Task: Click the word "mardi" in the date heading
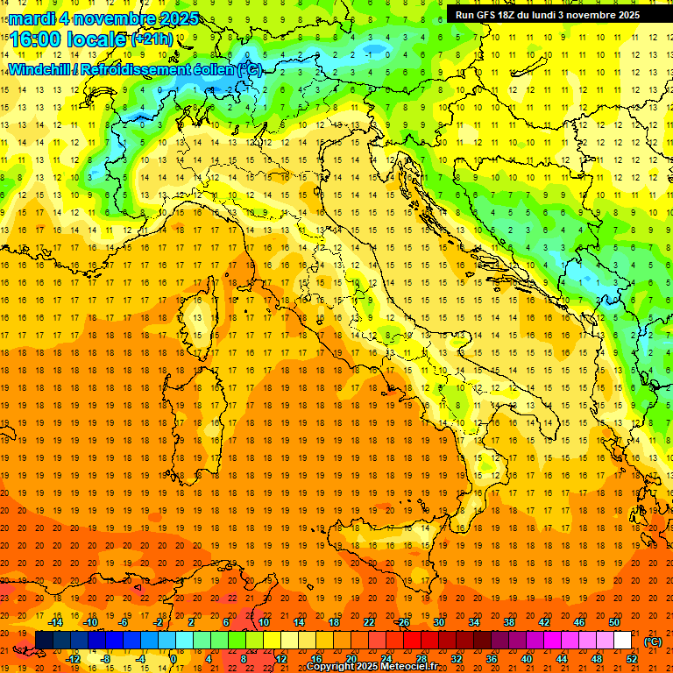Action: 30,18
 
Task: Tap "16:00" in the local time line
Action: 36,39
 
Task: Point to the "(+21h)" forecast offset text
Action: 152,39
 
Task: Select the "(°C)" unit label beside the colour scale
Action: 653,641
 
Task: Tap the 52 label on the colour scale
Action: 632,658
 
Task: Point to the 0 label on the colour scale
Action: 173,658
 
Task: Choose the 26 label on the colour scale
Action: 404,622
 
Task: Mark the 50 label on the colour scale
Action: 614,622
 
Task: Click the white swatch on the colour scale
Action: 623,641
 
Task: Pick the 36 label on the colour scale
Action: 492,658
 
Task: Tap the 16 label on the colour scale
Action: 316,658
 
